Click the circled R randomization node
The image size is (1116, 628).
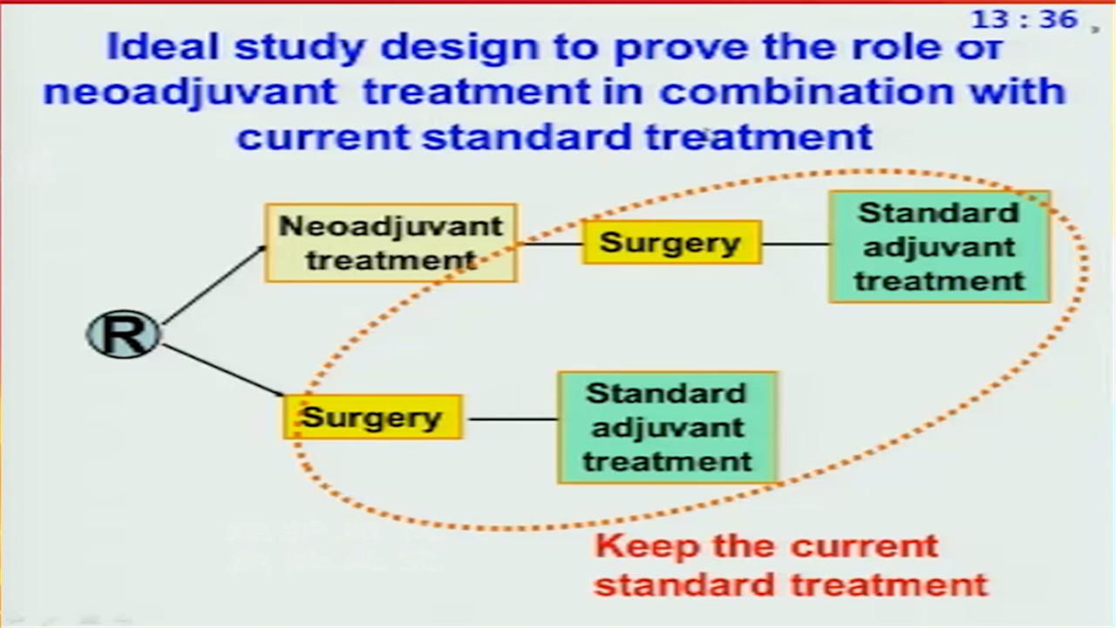pyautogui.click(x=123, y=334)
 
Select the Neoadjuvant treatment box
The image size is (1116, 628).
pyautogui.click(x=391, y=242)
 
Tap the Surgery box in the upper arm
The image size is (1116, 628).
pyautogui.click(x=672, y=242)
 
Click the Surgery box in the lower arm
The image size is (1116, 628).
pyautogui.click(x=372, y=417)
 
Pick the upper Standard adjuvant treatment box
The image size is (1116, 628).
pyautogui.click(x=940, y=247)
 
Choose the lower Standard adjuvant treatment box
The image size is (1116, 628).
pyautogui.click(x=667, y=427)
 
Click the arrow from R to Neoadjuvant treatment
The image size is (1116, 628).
pyautogui.click(x=214, y=285)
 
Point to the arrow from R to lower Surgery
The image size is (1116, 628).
pyautogui.click(x=222, y=371)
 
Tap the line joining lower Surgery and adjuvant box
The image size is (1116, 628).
pyautogui.click(x=513, y=420)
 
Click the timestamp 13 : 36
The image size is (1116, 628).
pyautogui.click(x=1024, y=20)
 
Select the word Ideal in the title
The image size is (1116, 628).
pyautogui.click(x=163, y=46)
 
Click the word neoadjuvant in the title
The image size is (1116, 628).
pyautogui.click(x=190, y=92)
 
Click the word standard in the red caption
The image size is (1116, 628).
pyautogui.click(x=684, y=584)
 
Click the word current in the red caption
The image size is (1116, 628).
pyautogui.click(x=864, y=546)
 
